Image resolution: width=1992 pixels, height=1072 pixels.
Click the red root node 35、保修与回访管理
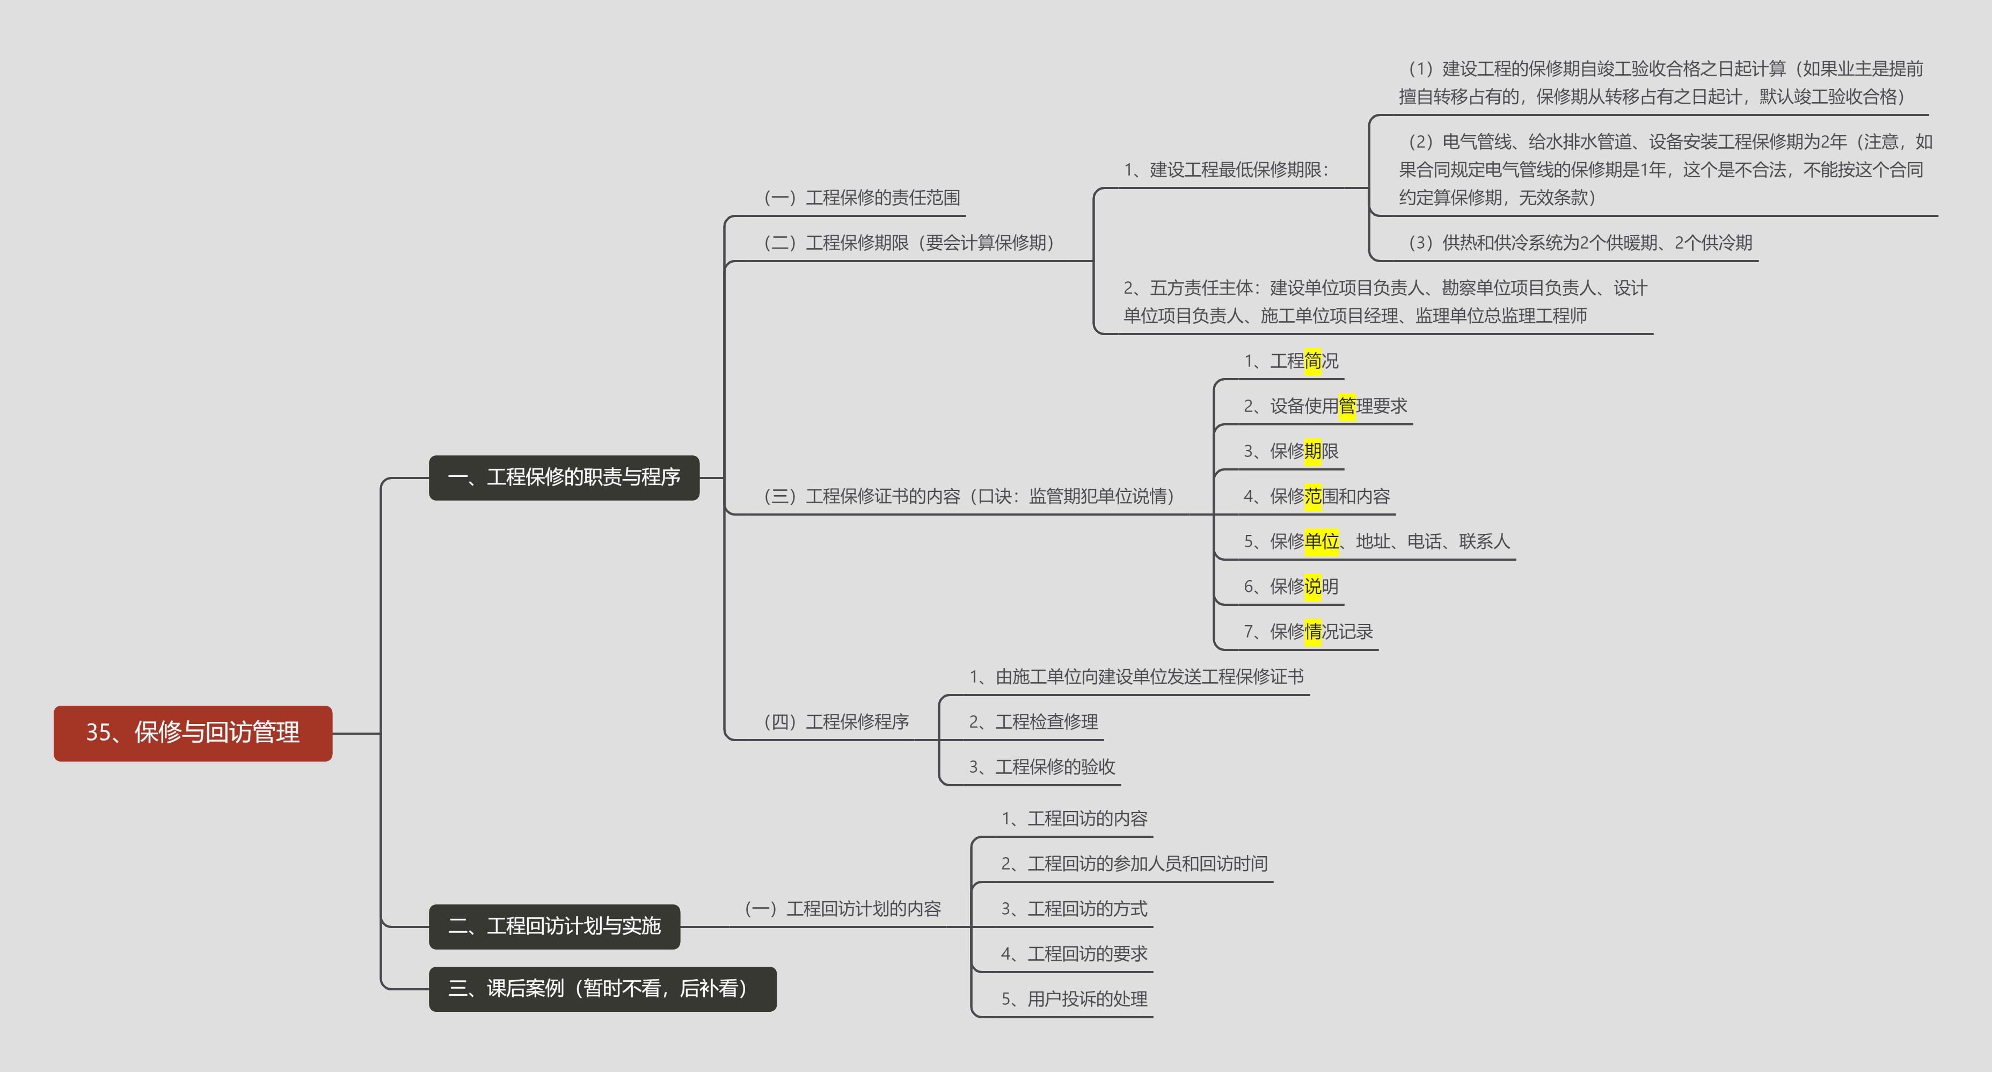click(193, 733)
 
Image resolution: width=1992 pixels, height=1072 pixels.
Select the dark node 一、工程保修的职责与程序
click(564, 477)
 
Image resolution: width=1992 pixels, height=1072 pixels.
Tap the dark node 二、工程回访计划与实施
click(553, 926)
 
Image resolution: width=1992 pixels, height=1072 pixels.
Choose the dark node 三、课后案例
click(602, 988)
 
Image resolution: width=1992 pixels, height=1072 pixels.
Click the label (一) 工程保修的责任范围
click(862, 197)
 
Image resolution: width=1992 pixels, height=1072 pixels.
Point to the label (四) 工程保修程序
click(836, 722)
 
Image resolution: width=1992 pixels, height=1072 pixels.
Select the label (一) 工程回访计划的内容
click(842, 908)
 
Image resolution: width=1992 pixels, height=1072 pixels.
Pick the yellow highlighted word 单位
click(1321, 541)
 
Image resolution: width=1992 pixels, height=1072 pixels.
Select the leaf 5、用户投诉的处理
click(1074, 998)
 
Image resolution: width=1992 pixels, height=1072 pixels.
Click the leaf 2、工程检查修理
click(1033, 722)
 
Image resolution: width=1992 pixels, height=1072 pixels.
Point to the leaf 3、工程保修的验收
click(1041, 766)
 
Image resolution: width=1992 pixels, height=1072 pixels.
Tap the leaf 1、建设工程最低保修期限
click(1225, 169)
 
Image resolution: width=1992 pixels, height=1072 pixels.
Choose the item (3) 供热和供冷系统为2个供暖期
click(1579, 243)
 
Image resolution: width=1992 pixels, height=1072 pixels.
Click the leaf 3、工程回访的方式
click(1074, 909)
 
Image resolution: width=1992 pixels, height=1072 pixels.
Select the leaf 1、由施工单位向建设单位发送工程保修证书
click(1136, 677)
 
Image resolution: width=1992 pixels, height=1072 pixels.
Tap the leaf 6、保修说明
click(1290, 586)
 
